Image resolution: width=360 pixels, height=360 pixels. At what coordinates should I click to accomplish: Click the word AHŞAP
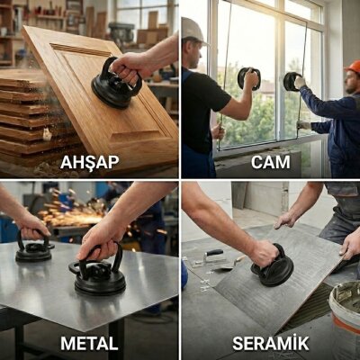click(90, 163)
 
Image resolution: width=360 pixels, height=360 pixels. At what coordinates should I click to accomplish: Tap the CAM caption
click(271, 162)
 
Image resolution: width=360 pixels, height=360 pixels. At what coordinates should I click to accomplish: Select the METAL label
click(89, 343)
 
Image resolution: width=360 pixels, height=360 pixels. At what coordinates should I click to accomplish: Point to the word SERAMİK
click(271, 343)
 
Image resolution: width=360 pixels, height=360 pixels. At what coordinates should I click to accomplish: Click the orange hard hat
click(354, 67)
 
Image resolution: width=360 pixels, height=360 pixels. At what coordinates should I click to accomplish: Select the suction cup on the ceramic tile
click(272, 268)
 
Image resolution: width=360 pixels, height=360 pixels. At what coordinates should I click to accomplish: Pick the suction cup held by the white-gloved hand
click(292, 82)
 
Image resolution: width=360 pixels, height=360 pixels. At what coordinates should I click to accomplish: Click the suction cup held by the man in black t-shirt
click(248, 78)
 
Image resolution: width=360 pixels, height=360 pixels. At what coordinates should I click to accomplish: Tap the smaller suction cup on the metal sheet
click(33, 249)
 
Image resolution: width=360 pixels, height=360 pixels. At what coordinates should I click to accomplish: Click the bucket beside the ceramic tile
click(345, 318)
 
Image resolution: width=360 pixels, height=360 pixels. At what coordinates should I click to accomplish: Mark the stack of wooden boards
click(29, 117)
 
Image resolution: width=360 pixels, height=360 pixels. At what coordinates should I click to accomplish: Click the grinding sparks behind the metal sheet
click(70, 210)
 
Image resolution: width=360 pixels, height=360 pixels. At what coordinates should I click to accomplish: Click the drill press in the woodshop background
click(121, 33)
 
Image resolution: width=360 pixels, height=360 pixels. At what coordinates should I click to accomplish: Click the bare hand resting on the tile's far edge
click(286, 220)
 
